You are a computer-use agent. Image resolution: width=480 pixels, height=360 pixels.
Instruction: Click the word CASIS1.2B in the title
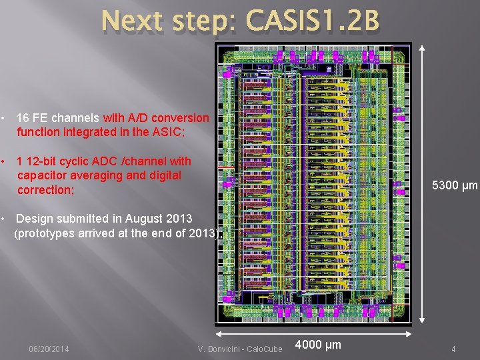click(312, 21)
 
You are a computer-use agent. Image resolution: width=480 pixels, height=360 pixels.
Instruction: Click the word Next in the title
click(132, 21)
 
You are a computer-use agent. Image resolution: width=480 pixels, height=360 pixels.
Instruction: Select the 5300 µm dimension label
click(455, 185)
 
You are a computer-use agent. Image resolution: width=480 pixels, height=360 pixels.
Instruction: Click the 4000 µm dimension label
click(317, 345)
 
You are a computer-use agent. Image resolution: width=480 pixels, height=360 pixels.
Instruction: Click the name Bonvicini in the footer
click(226, 349)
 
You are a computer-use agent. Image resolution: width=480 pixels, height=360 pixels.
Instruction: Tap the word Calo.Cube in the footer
click(267, 349)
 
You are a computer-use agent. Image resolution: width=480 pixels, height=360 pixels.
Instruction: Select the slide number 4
click(453, 349)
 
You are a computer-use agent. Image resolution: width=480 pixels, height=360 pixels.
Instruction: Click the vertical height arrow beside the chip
click(421, 185)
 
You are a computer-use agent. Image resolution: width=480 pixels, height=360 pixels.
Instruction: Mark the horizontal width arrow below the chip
click(313, 335)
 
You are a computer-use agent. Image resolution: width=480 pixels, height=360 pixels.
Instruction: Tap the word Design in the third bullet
click(33, 218)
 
